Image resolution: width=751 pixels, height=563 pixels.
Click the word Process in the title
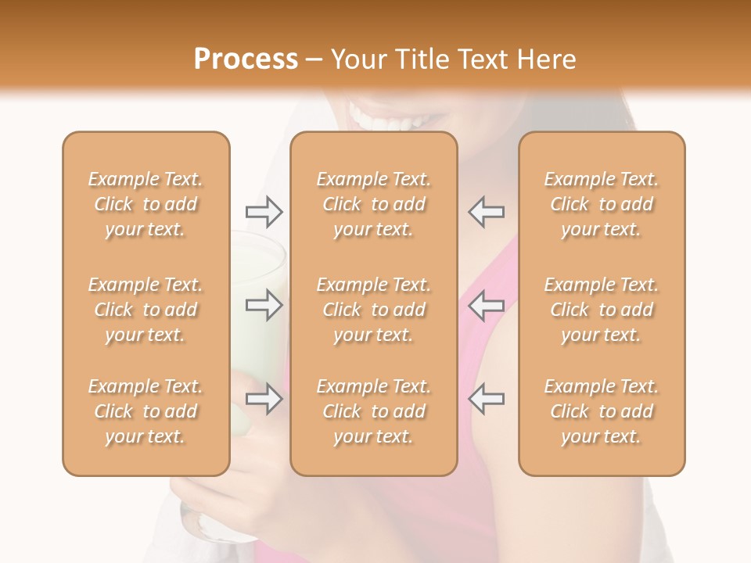[x=246, y=59]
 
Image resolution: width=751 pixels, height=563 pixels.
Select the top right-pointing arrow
[x=264, y=211]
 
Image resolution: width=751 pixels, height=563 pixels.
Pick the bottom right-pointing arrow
[x=264, y=399]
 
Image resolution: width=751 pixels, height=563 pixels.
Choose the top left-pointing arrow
[x=486, y=211]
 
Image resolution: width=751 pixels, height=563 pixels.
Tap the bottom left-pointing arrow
[x=486, y=399]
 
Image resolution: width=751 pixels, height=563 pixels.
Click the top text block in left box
[x=146, y=204]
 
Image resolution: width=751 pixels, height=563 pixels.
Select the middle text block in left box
[x=146, y=310]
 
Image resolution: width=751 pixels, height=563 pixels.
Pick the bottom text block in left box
[x=146, y=411]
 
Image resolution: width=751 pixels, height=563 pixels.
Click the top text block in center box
[x=373, y=204]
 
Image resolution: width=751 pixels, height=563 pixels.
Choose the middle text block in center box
[x=373, y=310]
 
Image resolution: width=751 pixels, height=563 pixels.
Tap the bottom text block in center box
[x=373, y=411]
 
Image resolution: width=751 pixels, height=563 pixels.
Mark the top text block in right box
[x=601, y=204]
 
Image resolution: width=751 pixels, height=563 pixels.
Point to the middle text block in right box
[x=601, y=310]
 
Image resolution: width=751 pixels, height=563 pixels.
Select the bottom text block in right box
[x=601, y=411]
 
